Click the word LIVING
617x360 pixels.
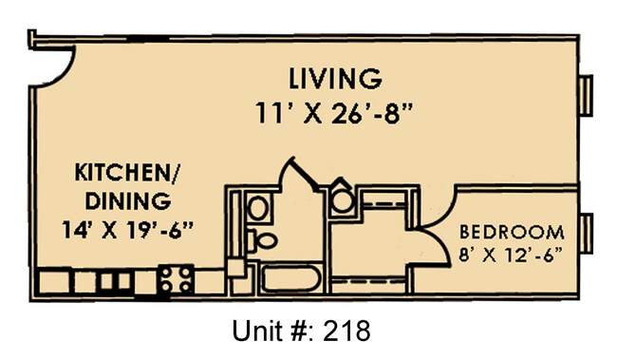[x=337, y=76]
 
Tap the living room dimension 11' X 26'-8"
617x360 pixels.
[x=337, y=111]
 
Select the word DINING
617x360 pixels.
[x=128, y=200]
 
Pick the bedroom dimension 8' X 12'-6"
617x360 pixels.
[x=512, y=255]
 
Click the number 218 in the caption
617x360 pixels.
[x=342, y=332]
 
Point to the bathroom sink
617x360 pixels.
[x=257, y=206]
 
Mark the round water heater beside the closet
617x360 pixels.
[x=342, y=200]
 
